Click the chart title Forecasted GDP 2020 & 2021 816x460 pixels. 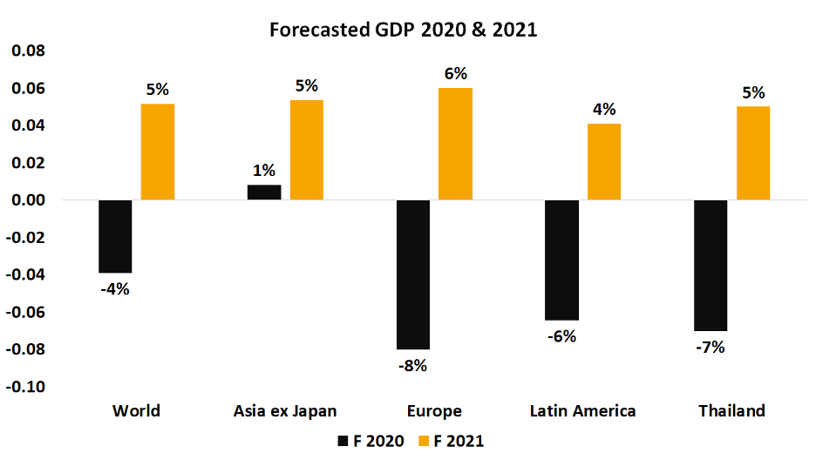pyautogui.click(x=403, y=30)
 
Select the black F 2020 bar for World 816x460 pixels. pyautogui.click(x=115, y=236)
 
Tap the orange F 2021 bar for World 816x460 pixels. pyautogui.click(x=158, y=152)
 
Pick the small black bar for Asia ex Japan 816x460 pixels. pyautogui.click(x=264, y=193)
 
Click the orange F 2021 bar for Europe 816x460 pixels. pyautogui.click(x=455, y=144)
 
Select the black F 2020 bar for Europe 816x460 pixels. pyautogui.click(x=412, y=274)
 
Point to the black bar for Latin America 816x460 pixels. pyautogui.click(x=561, y=260)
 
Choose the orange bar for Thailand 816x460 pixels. pyautogui.click(x=753, y=153)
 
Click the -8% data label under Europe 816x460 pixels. pyautogui.click(x=412, y=366)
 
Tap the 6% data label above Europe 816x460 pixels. pyautogui.click(x=456, y=74)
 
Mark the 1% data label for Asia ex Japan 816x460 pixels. pyautogui.click(x=264, y=171)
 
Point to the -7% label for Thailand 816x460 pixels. pyautogui.click(x=711, y=347)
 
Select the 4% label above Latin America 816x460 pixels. pyautogui.click(x=604, y=110)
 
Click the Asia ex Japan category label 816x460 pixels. pyautogui.click(x=286, y=411)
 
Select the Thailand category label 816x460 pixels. pyautogui.click(x=731, y=411)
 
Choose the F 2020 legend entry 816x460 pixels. pyautogui.click(x=371, y=442)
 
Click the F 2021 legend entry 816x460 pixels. pyautogui.click(x=452, y=442)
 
